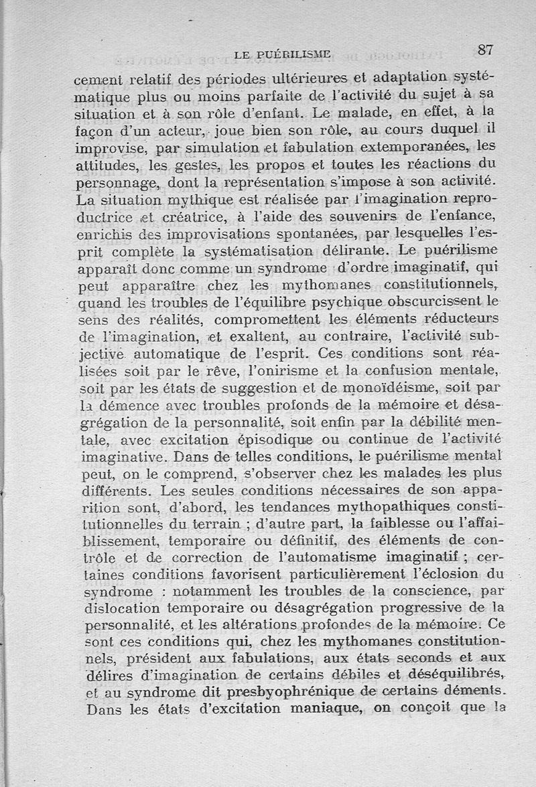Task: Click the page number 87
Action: pyautogui.click(x=486, y=50)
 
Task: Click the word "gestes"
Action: pyautogui.click(x=190, y=163)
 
